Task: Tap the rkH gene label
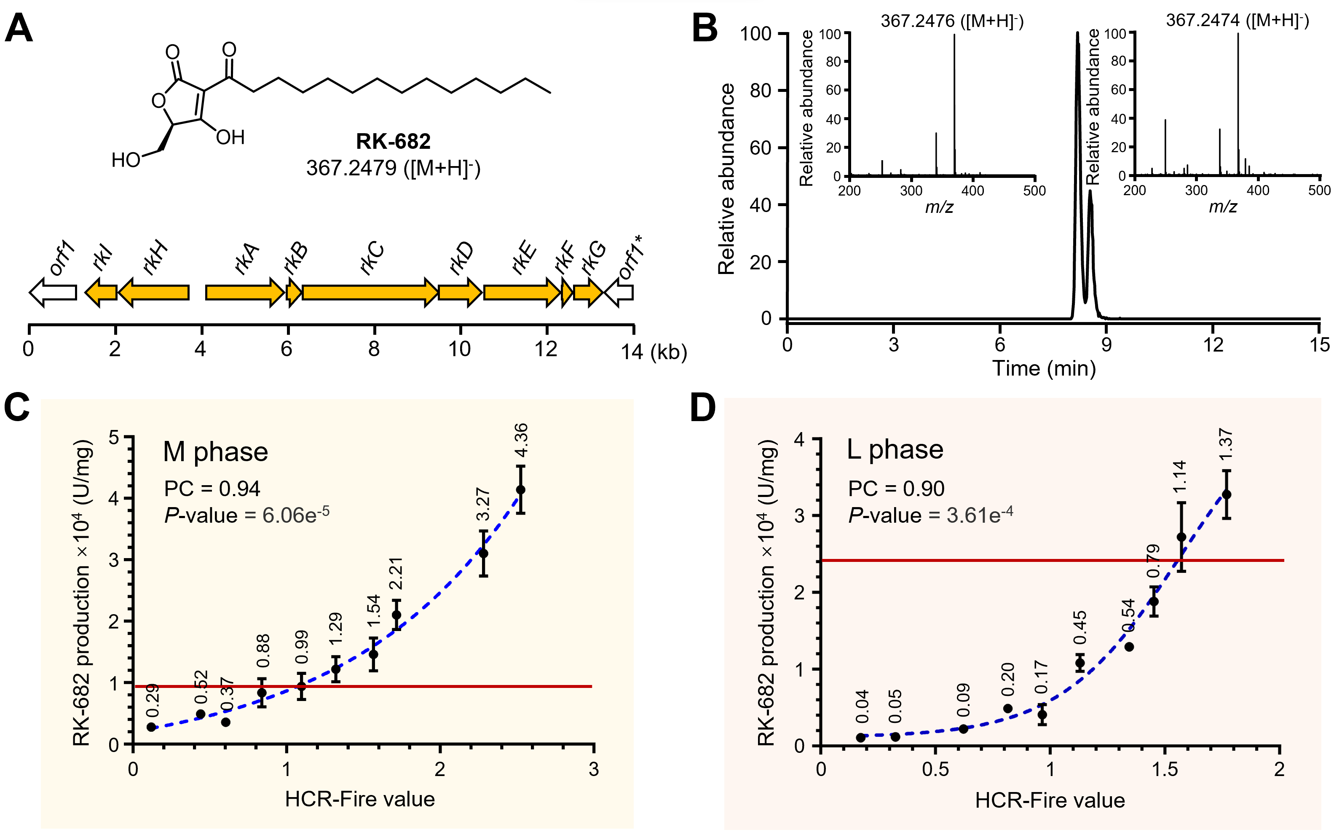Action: (155, 257)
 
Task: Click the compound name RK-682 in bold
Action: (393, 141)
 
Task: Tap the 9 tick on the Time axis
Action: (1106, 345)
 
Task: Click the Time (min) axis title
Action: (1044, 368)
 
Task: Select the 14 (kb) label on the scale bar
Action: (654, 352)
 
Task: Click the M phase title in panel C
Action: (215, 452)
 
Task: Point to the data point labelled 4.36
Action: (521, 490)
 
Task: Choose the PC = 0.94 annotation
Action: (212, 488)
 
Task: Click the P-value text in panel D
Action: (931, 516)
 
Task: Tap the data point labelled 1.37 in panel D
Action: (1227, 494)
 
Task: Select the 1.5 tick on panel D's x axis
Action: (1165, 769)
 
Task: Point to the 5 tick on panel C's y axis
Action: (114, 438)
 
